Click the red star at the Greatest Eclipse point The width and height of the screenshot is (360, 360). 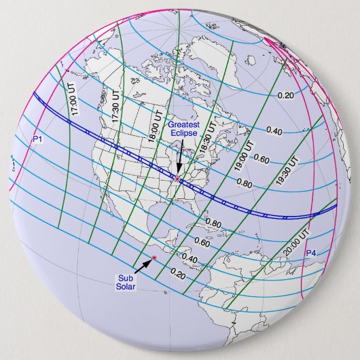pyautogui.click(x=177, y=179)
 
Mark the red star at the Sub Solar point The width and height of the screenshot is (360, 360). pyautogui.click(x=154, y=257)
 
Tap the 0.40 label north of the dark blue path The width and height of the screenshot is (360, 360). pyautogui.click(x=275, y=130)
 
